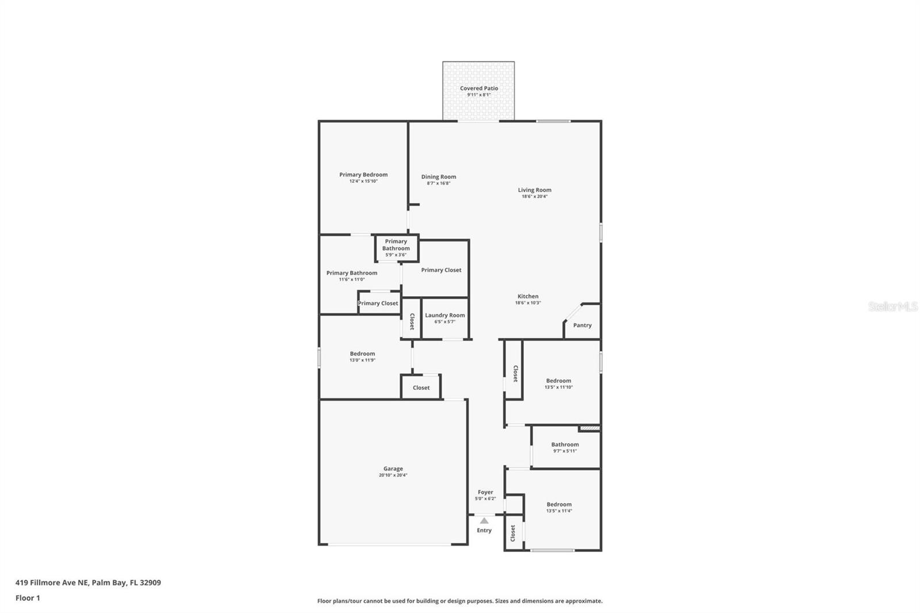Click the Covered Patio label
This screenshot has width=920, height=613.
pos(478,88)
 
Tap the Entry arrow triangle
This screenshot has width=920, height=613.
pos(484,520)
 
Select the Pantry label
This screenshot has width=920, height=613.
pos(582,325)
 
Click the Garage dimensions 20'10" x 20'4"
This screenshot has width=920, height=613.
pos(393,475)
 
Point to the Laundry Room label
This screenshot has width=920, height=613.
pos(444,315)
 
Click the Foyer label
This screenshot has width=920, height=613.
pos(485,492)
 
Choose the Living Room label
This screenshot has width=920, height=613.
pos(534,190)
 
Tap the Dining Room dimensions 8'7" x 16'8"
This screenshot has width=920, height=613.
pos(438,183)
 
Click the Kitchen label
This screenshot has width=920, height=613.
pos(527,296)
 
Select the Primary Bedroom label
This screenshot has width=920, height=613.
pos(363,174)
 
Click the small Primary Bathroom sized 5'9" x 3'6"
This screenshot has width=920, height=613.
pos(396,247)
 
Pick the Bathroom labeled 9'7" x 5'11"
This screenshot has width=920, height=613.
pos(565,447)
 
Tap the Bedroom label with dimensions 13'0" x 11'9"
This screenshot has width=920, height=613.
pos(362,354)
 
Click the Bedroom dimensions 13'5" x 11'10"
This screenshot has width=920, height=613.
pos(558,387)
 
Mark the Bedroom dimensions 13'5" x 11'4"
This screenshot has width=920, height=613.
pos(559,511)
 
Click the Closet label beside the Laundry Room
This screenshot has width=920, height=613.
pos(412,321)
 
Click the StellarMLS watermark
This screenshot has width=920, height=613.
pos(892,306)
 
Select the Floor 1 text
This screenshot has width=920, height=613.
pos(28,597)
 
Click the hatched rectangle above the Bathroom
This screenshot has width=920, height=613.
pos(589,428)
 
